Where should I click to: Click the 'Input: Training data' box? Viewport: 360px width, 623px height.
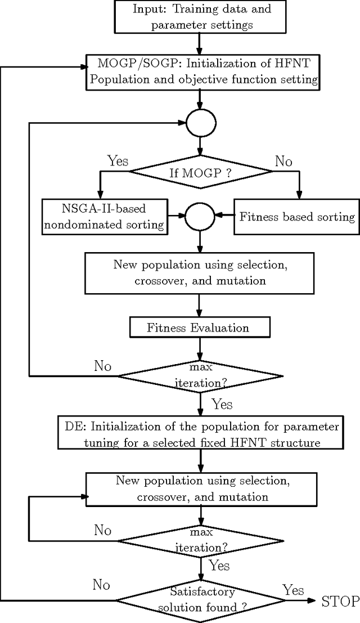pyautogui.click(x=201, y=16)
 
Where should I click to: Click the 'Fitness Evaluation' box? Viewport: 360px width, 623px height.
pyautogui.click(x=198, y=327)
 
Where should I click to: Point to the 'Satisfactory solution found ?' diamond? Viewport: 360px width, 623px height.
pyautogui.click(x=200, y=600)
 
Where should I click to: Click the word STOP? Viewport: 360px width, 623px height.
pyautogui.click(x=340, y=602)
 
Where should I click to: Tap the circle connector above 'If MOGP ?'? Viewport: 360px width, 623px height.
pyautogui.click(x=201, y=122)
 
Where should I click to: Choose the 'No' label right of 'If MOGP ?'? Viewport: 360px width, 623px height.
pyautogui.click(x=283, y=162)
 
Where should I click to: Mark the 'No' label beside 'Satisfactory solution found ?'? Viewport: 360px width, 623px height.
pyautogui.click(x=101, y=585)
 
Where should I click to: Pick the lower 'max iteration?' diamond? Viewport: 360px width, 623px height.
pyautogui.click(x=200, y=541)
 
